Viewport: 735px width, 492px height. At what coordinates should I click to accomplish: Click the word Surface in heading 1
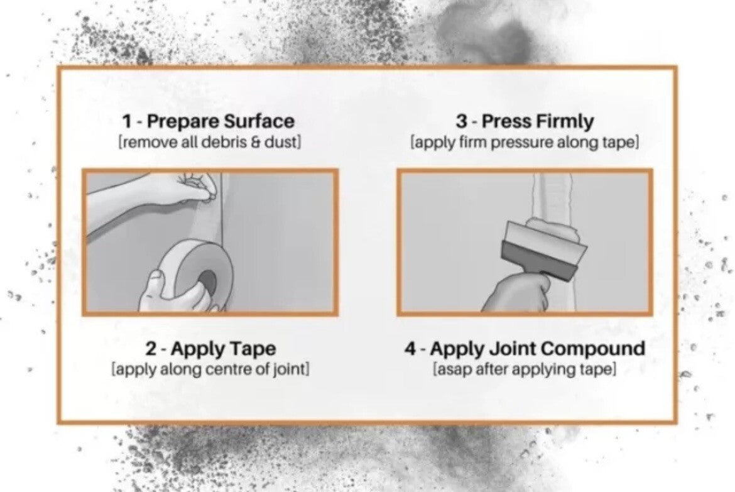pos(258,121)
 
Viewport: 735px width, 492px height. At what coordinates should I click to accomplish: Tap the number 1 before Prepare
pos(127,121)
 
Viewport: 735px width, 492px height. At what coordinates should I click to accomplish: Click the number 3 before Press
pos(462,121)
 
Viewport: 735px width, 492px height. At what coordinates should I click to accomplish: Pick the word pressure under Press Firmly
pos(521,141)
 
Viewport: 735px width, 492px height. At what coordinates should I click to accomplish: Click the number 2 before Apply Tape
pos(151,349)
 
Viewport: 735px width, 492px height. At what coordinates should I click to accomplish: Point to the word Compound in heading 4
pos(592,349)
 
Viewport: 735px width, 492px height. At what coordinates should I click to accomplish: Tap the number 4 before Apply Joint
pos(411,349)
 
